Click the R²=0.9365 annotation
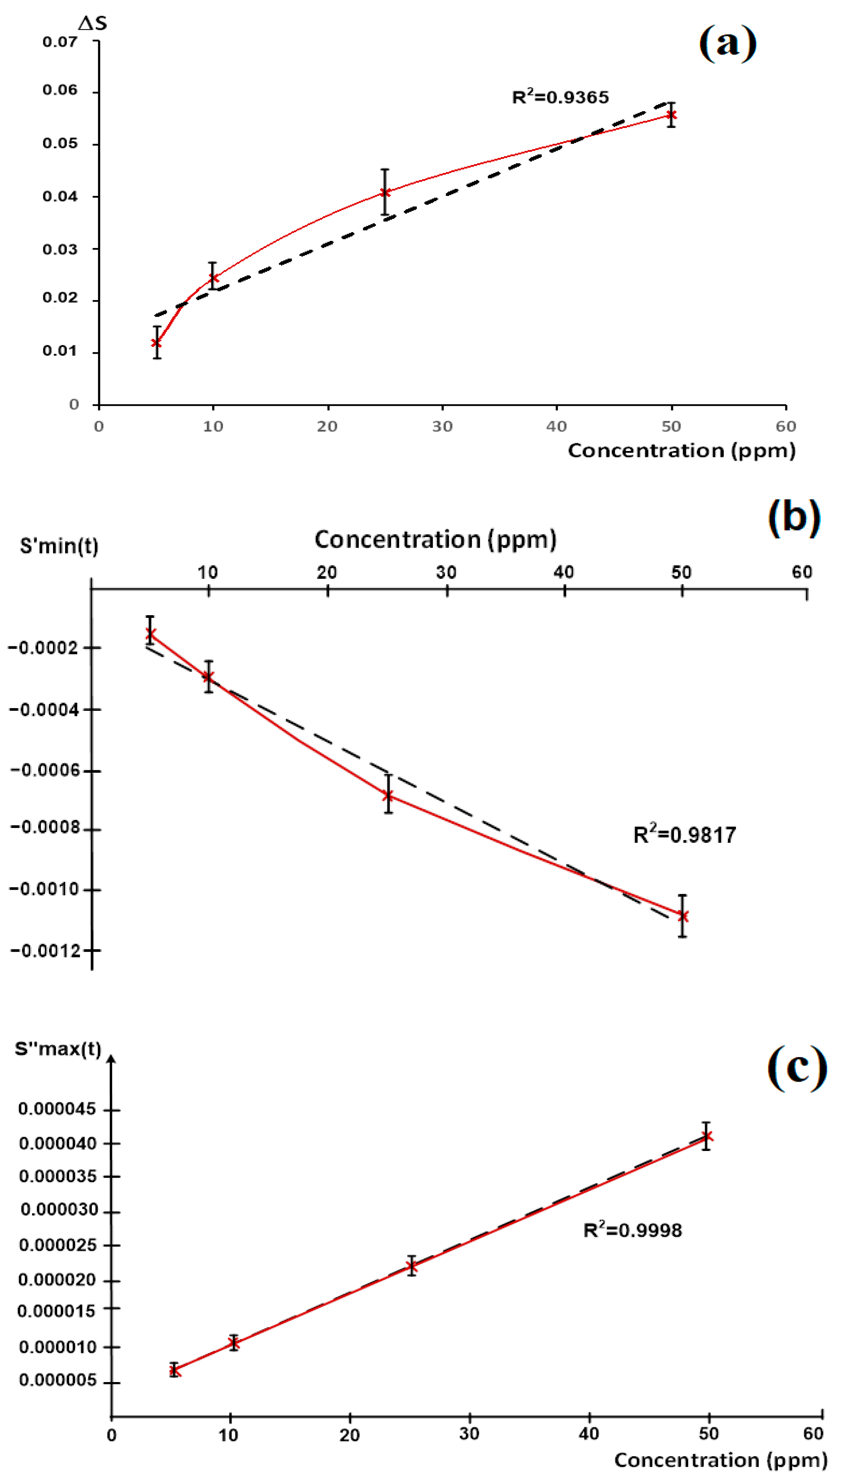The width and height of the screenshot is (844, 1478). [560, 97]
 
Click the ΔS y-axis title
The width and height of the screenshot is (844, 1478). [93, 23]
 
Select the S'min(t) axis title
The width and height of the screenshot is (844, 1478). [59, 546]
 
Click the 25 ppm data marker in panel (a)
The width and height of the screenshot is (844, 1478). [385, 192]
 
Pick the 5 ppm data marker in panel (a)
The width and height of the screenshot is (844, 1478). [156, 343]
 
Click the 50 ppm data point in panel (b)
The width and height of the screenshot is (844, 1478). [683, 916]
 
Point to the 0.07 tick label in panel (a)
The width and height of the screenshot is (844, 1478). [60, 42]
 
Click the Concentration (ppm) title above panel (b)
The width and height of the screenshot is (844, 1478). [435, 539]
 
